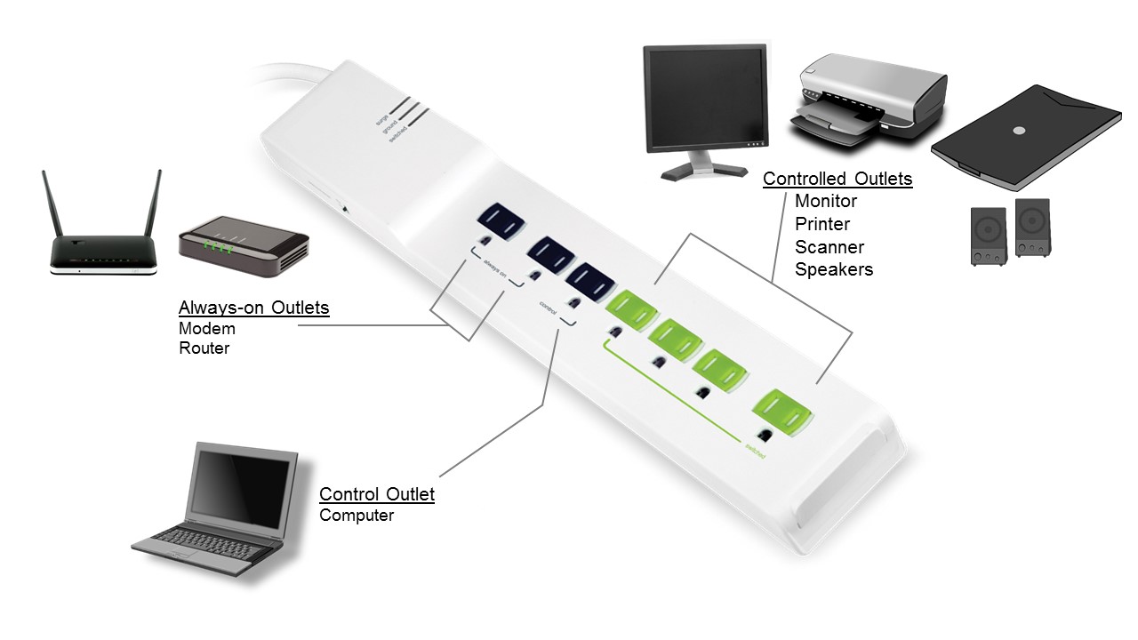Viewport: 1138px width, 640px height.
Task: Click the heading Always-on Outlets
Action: point(253,308)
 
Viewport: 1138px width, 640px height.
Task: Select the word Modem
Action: point(206,328)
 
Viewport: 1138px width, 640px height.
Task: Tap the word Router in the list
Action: point(204,348)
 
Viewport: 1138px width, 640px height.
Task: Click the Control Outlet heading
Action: point(377,494)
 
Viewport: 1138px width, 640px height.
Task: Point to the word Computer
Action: point(356,516)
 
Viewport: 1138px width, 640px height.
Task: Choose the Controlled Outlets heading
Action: point(837,179)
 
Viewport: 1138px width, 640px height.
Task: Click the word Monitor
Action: point(826,202)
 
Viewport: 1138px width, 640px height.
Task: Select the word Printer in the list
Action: point(822,224)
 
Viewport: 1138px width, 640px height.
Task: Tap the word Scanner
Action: point(829,247)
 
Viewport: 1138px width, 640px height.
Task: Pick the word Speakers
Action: point(834,269)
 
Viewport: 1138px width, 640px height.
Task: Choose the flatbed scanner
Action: point(1025,139)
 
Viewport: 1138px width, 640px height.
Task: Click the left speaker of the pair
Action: point(988,236)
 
